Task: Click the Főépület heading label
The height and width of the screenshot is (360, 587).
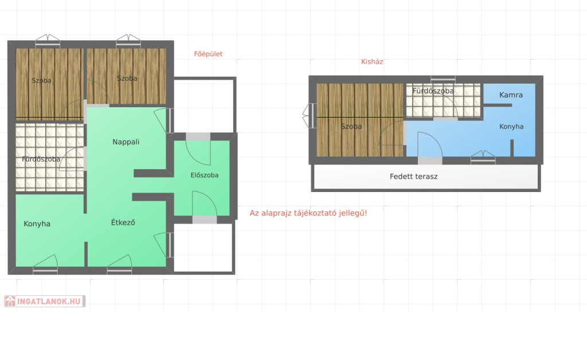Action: (x=208, y=54)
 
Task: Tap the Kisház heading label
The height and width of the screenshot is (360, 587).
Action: (x=372, y=62)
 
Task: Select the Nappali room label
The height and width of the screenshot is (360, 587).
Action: (x=126, y=142)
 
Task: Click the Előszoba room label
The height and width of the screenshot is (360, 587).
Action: (x=205, y=175)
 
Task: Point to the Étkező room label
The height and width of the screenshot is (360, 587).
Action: (x=123, y=222)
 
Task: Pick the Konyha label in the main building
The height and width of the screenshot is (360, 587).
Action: (x=37, y=224)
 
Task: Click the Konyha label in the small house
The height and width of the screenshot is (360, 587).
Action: (x=511, y=127)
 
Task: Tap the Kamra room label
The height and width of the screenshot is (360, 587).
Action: (x=511, y=95)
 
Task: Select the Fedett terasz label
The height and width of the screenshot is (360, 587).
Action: (x=414, y=176)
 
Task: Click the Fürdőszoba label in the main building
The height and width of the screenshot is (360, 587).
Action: (x=41, y=159)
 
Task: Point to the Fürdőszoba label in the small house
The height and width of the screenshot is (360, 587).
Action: (x=433, y=91)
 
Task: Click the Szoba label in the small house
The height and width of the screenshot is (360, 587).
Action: (x=351, y=127)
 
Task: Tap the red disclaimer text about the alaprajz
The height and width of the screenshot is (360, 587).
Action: (x=308, y=213)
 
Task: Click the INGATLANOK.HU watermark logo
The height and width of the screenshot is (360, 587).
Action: (x=45, y=302)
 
